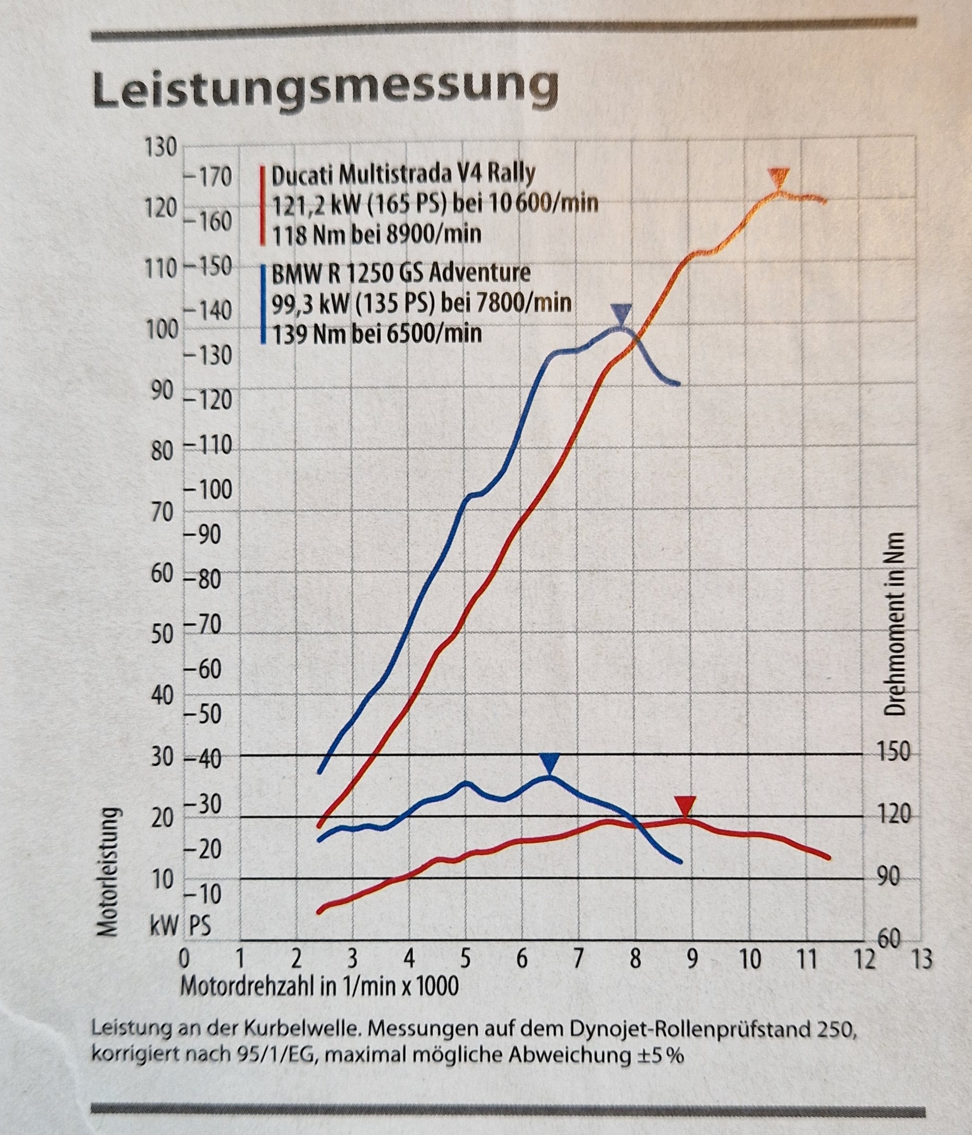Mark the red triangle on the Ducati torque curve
click(684, 807)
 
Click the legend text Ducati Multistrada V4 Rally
click(403, 175)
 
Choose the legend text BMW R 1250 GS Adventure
click(401, 272)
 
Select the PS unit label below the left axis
click(200, 927)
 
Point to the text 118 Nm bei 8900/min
click(377, 235)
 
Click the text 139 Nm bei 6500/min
click(377, 333)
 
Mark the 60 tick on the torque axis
click(889, 939)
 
